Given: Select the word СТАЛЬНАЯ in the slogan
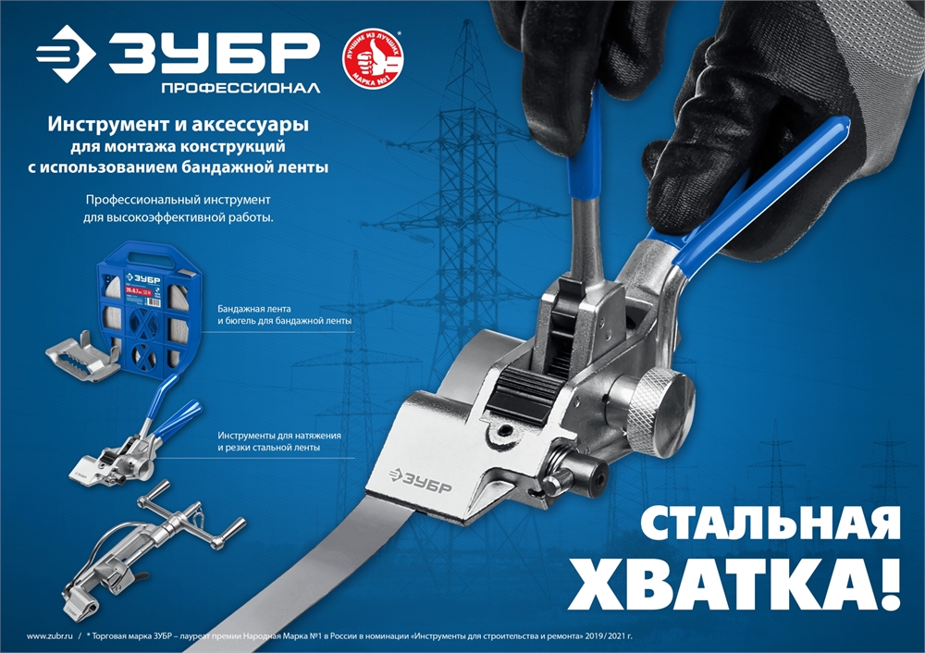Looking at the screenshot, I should click(x=770, y=523).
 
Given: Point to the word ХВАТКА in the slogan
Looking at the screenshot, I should click(x=712, y=584).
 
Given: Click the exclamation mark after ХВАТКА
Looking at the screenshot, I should click(x=886, y=584).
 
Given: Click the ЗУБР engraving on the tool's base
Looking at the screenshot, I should click(x=421, y=478).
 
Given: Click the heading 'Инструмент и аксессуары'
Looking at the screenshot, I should click(x=178, y=124).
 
